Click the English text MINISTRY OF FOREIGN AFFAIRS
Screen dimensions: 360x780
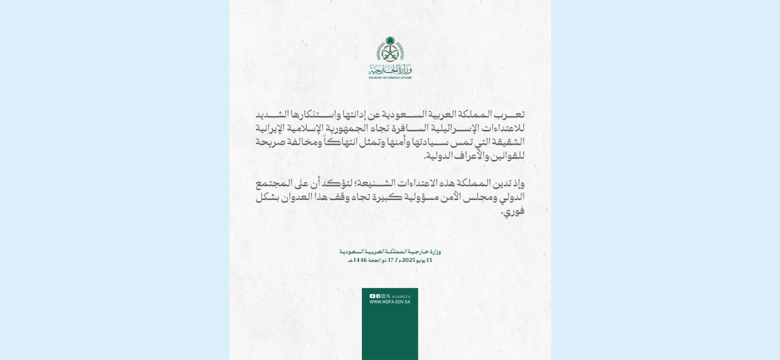390,78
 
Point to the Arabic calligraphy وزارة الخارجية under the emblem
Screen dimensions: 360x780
390,69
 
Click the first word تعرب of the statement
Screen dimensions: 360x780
509,114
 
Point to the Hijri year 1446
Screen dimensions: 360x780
361,260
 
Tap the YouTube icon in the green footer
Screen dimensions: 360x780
372,296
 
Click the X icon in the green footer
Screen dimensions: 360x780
389,296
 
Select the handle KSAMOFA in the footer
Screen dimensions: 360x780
401,296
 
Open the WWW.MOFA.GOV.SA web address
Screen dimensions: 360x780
390,302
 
